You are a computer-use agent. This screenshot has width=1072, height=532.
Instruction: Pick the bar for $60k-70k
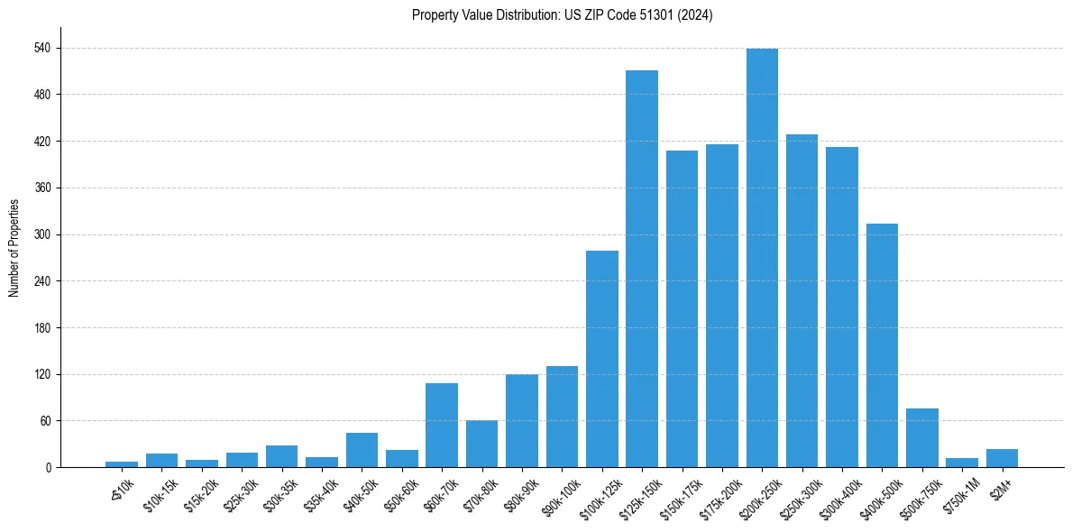[442, 426]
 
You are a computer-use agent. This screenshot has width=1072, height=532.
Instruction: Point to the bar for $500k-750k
[922, 438]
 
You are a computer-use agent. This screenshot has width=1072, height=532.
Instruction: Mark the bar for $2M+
[1002, 458]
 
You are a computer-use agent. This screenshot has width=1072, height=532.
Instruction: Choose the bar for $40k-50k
[362, 450]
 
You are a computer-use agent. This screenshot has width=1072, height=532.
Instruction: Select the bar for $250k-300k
[802, 301]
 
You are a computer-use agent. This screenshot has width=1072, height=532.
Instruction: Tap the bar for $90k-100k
[562, 417]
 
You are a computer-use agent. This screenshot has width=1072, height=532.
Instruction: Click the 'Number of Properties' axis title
[14, 248]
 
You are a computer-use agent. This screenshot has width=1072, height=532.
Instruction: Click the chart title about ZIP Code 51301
[563, 14]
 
